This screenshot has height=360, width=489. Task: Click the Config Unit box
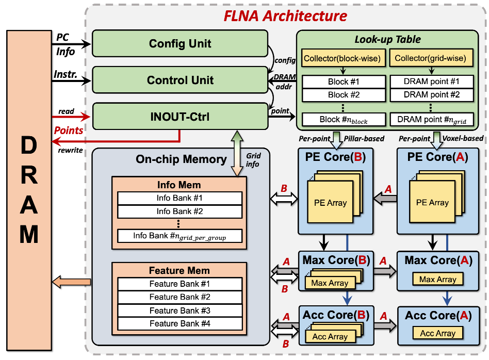[180, 43]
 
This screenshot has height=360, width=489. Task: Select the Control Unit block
[180, 80]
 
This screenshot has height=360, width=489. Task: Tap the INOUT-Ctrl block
[180, 117]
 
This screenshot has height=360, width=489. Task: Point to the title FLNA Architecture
[285, 15]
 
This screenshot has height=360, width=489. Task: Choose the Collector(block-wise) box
[343, 59]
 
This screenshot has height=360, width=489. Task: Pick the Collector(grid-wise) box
[430, 59]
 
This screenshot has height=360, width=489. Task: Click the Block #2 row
[344, 95]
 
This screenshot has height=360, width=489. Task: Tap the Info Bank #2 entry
[180, 211]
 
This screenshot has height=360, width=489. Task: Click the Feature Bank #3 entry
[180, 310]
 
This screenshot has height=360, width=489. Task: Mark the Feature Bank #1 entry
[180, 284]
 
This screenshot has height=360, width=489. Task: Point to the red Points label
[69, 130]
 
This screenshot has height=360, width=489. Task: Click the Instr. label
[66, 75]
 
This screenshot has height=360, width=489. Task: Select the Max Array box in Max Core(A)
[438, 280]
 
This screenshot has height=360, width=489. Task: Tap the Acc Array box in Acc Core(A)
[438, 334]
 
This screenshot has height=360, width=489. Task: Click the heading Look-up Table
[387, 39]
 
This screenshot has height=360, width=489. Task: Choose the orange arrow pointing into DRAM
[72, 282]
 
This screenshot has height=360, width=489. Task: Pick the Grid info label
[253, 159]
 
